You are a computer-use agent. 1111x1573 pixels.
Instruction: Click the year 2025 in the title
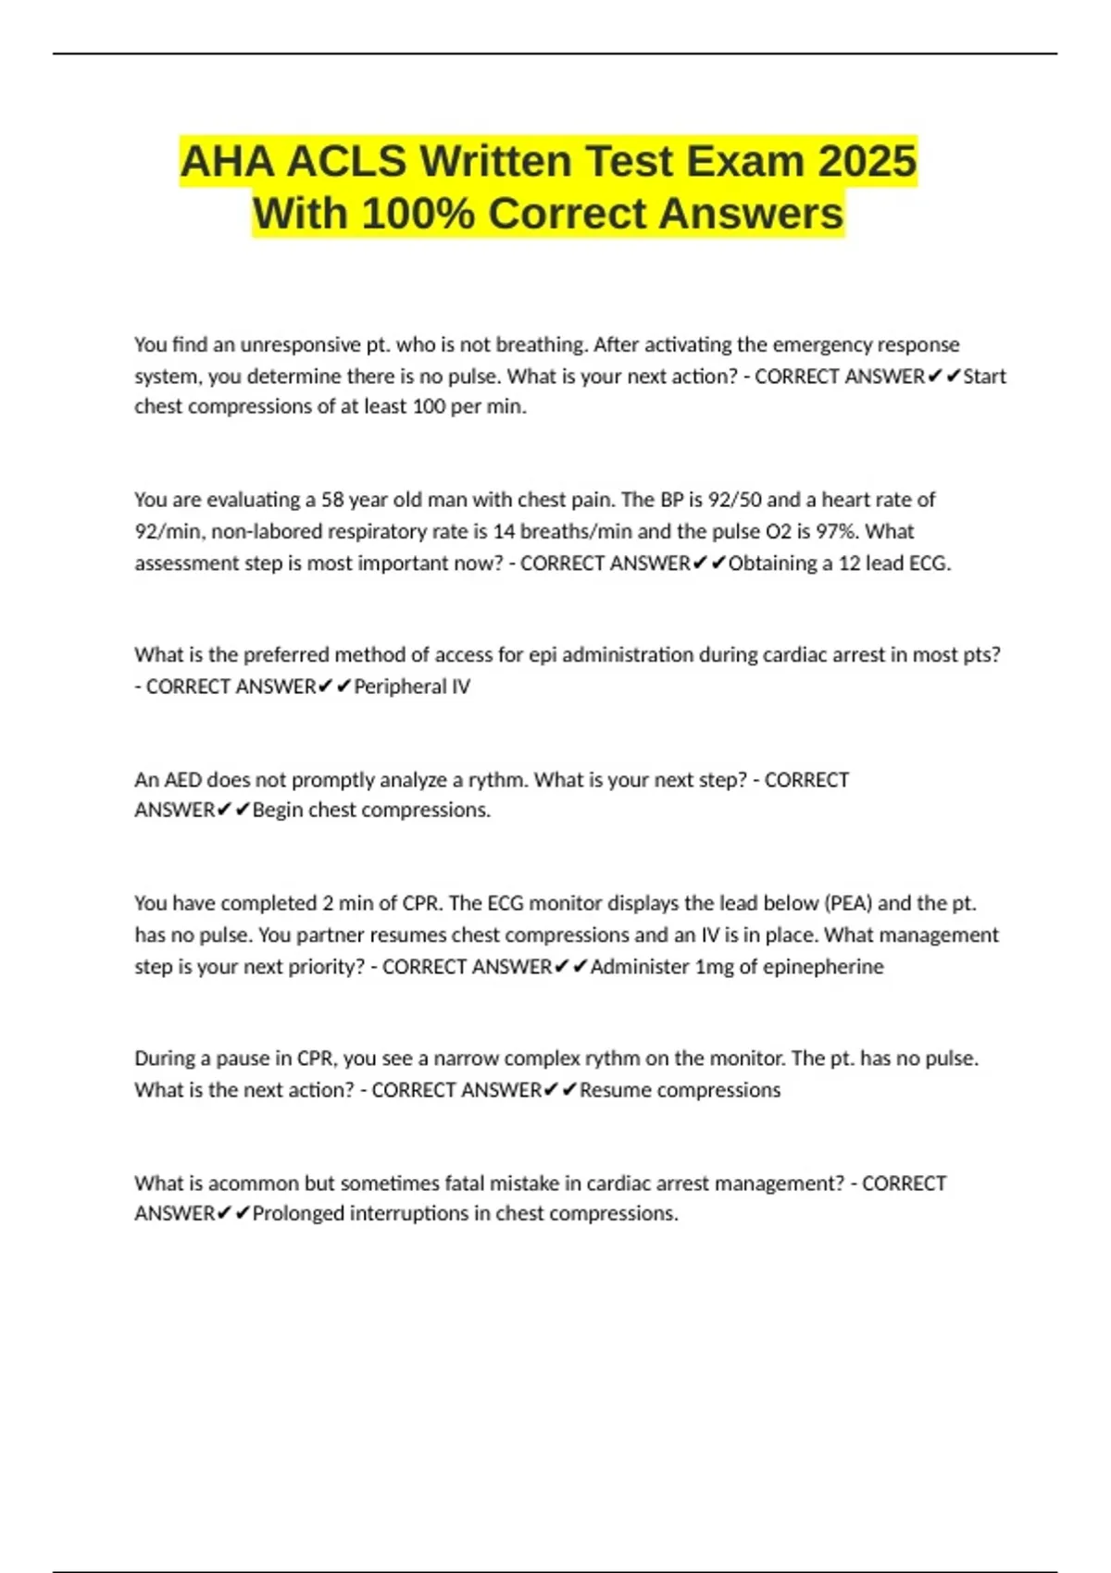tap(867, 162)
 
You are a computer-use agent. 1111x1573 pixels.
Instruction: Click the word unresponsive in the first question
tap(300, 345)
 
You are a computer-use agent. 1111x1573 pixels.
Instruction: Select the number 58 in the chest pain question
tap(332, 500)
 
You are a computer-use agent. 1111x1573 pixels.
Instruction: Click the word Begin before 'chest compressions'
tap(278, 811)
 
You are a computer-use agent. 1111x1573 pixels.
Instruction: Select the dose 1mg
tap(714, 967)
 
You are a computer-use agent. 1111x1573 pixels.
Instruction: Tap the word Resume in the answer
tap(616, 1090)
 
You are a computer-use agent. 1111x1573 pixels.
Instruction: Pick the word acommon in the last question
tap(254, 1183)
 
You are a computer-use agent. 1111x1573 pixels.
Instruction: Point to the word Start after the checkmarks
tap(984, 377)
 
